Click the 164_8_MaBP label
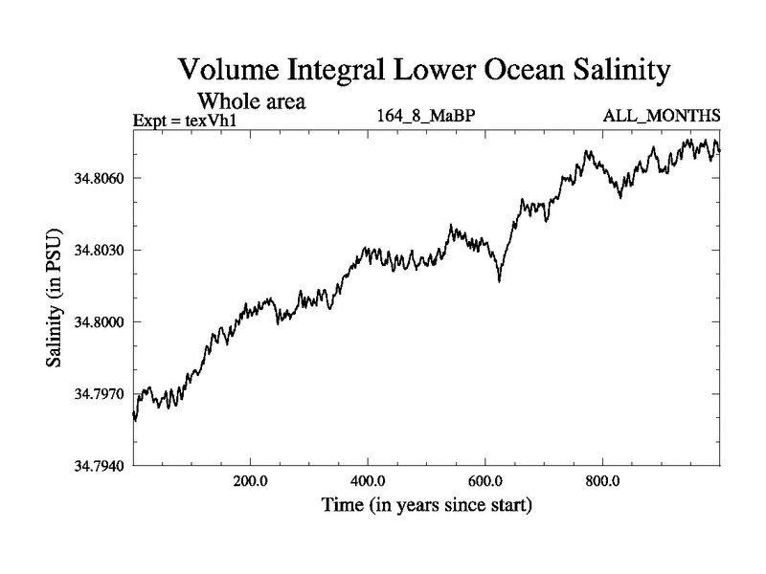coord(426,117)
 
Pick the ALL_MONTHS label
coord(661,117)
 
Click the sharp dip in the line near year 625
coord(499,279)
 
